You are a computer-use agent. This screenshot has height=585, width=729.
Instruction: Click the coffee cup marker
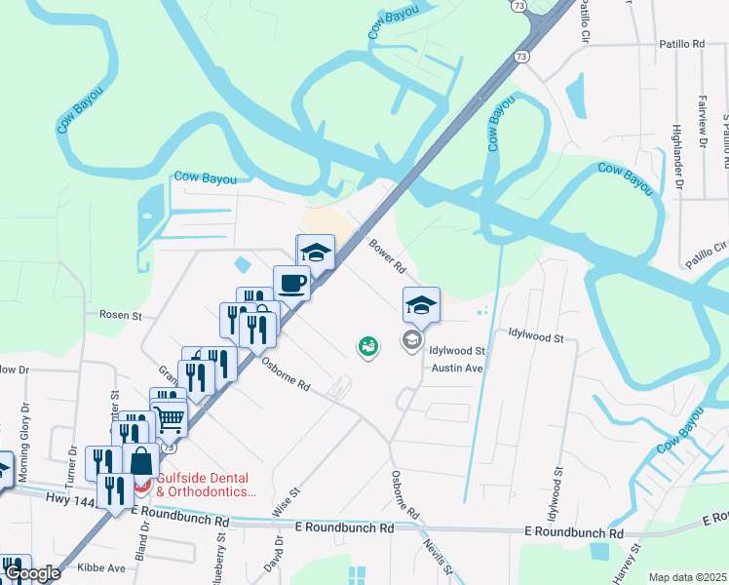291,284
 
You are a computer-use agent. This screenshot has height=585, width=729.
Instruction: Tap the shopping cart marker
171,420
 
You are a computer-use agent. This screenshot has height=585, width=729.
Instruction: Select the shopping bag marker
141,461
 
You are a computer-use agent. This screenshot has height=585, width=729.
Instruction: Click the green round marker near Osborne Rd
367,346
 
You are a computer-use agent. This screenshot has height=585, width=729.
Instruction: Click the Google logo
31,573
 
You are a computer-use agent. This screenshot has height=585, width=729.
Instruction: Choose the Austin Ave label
458,369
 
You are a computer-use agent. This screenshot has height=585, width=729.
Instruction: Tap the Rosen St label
121,315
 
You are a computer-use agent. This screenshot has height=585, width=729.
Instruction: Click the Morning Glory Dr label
24,434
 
